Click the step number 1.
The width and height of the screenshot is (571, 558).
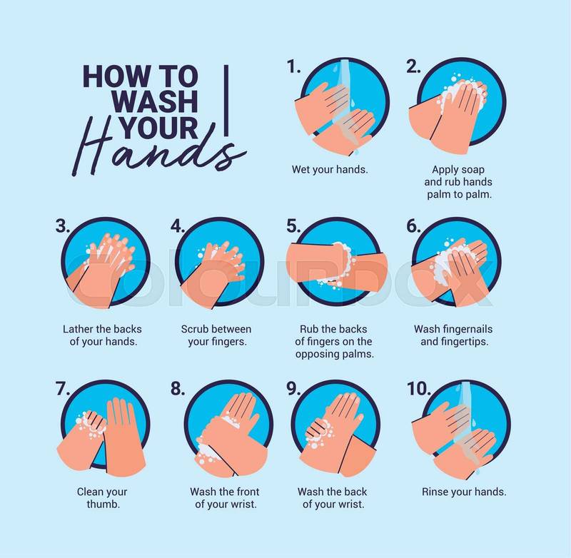(293, 66)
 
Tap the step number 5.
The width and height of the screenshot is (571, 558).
(293, 225)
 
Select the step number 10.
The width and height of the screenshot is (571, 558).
(419, 388)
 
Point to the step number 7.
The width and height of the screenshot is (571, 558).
(63, 388)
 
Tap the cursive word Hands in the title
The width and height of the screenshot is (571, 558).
(158, 149)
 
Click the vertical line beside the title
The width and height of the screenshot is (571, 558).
(226, 101)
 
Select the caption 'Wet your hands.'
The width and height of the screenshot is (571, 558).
(330, 169)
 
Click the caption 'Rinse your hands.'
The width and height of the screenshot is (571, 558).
(464, 492)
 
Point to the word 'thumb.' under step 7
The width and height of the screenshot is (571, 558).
(103, 504)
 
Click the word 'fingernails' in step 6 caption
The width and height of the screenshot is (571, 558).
(466, 329)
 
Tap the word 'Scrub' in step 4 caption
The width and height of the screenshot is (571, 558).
(193, 329)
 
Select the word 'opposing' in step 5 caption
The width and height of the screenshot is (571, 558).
(315, 354)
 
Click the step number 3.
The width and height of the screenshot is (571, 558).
(63, 225)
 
